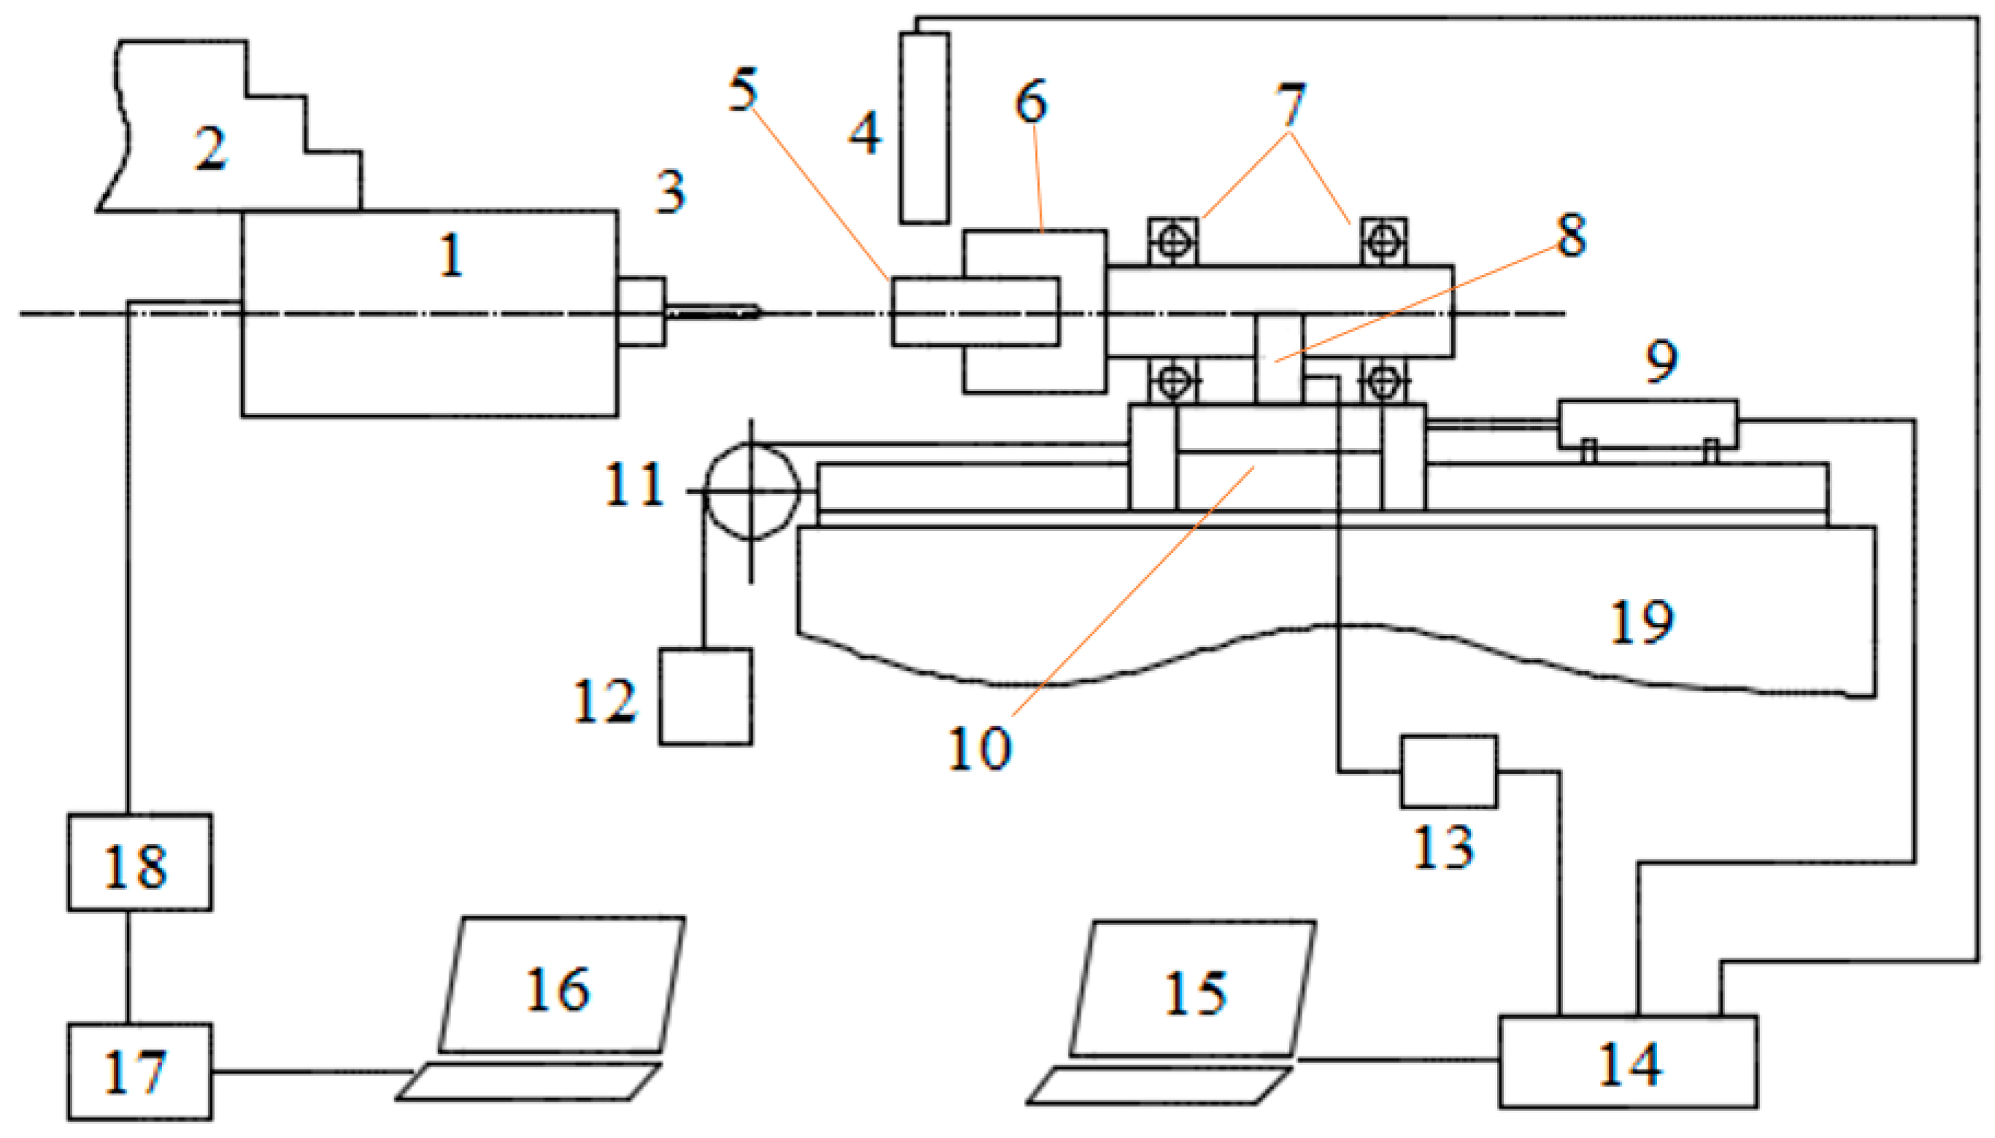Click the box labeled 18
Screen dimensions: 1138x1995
click(x=139, y=863)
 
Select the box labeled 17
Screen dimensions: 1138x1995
click(x=139, y=1071)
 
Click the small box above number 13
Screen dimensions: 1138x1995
click(x=1448, y=772)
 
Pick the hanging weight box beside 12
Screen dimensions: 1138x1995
click(x=705, y=697)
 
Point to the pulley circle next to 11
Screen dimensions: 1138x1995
click(x=752, y=491)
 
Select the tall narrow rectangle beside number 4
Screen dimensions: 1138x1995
click(x=924, y=128)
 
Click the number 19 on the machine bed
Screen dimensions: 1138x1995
click(x=1642, y=622)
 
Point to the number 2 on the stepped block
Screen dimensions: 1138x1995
click(x=210, y=149)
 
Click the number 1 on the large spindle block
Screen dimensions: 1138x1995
click(x=451, y=255)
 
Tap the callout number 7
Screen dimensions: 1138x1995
click(x=1291, y=106)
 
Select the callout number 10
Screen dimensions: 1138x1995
click(x=980, y=748)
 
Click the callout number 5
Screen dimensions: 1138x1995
click(x=743, y=90)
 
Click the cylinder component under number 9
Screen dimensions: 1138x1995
click(x=1648, y=425)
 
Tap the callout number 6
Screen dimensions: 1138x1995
click(x=1031, y=101)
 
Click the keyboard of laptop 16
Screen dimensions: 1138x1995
click(x=528, y=1082)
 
